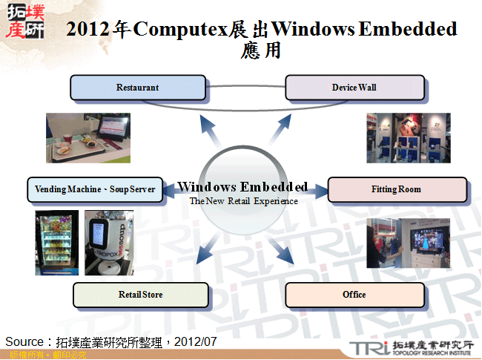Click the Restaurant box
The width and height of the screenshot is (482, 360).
pos(137,88)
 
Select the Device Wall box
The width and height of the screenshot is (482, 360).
pos(354,88)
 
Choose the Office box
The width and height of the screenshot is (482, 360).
pos(354,295)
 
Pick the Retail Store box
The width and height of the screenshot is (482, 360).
pos(140,295)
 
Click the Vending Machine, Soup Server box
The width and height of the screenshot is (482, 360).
pos(95,189)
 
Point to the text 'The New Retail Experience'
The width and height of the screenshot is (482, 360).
pos(243,201)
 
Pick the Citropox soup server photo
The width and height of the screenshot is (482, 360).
pos(109,243)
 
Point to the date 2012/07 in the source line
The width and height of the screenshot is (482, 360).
pos(197,341)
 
